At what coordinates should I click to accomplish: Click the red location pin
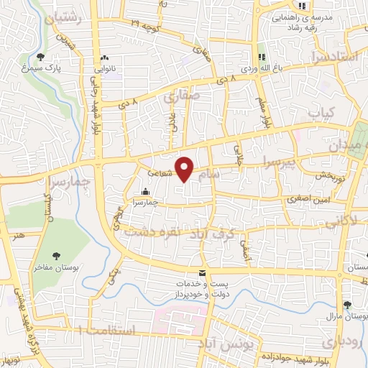tap(185, 169)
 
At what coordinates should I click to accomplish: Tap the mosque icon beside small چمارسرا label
tap(146, 191)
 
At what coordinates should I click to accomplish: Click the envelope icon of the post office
tap(201, 272)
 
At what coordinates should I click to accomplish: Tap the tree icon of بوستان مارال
tap(346, 305)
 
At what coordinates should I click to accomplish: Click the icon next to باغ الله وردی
tap(262, 57)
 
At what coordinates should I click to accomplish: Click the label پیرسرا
tap(278, 163)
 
